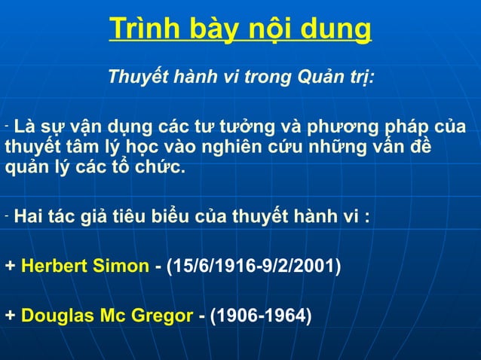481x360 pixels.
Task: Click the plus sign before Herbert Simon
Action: pos(10,267)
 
